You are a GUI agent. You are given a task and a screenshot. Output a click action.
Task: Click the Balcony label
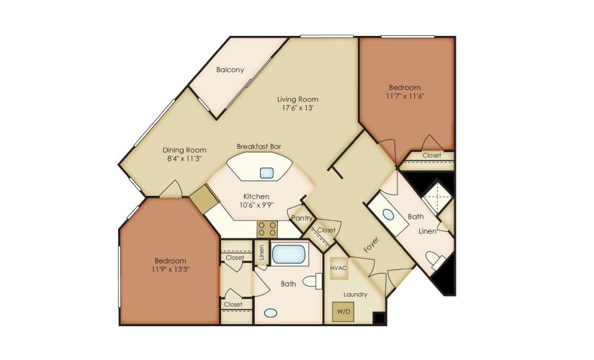pyautogui.click(x=230, y=70)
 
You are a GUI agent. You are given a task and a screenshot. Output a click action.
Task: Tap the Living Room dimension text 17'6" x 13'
pyautogui.click(x=298, y=109)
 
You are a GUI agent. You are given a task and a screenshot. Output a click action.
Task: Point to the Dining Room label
pyautogui.click(x=184, y=150)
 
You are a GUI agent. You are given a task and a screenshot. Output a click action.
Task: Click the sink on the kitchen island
pyautogui.click(x=267, y=172)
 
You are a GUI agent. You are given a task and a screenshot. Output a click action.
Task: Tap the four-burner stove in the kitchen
pyautogui.click(x=268, y=229)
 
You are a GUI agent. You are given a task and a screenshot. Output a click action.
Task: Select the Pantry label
pyautogui.click(x=301, y=217)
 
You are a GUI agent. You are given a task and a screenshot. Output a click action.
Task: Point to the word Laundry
pyautogui.click(x=356, y=294)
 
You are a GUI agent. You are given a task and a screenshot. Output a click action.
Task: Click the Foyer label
pyautogui.click(x=370, y=246)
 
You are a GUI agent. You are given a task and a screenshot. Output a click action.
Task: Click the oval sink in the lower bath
pyautogui.click(x=271, y=313)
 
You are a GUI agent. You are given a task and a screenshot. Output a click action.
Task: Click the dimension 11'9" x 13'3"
pyautogui.click(x=170, y=269)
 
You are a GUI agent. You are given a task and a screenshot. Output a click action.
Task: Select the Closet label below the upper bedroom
pyautogui.click(x=432, y=155)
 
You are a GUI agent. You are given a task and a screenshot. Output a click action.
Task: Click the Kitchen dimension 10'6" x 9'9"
pyautogui.click(x=256, y=205)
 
